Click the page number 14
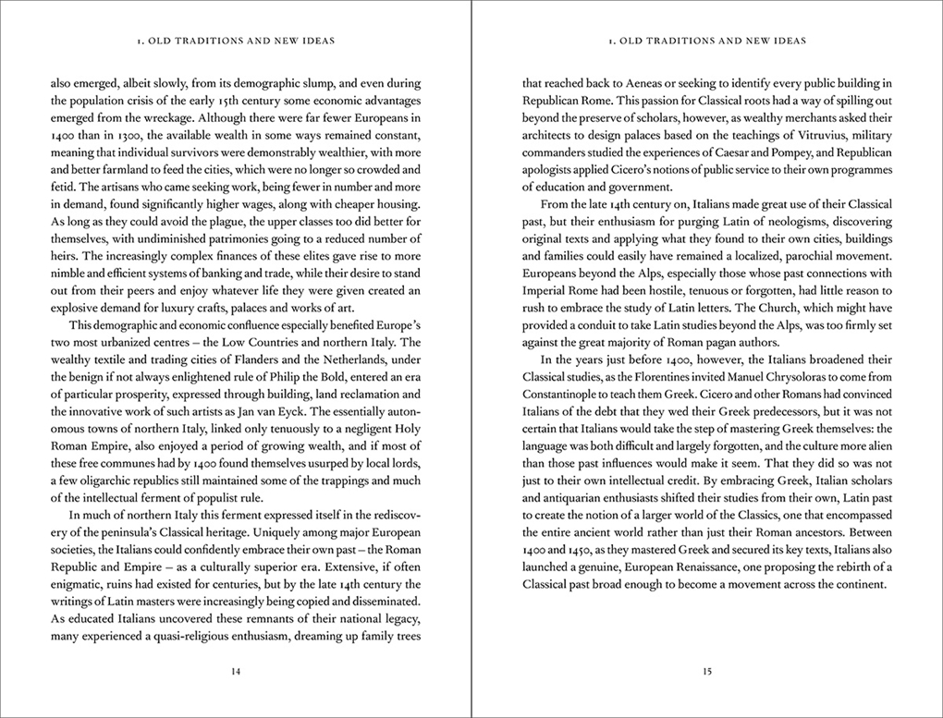pos(235,671)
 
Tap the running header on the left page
pos(235,41)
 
